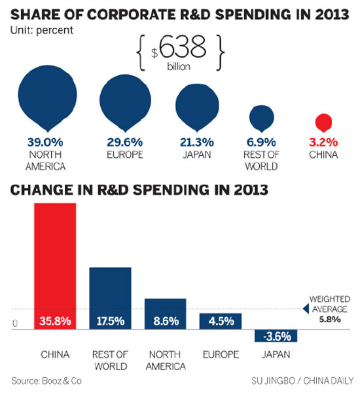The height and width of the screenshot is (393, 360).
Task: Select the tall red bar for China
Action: tap(55, 262)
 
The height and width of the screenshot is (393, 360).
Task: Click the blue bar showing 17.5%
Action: tap(110, 295)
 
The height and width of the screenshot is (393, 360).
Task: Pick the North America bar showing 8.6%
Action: tap(165, 312)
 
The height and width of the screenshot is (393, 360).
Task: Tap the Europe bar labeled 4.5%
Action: tap(220, 320)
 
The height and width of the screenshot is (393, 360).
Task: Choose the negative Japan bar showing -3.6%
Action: tap(276, 335)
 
